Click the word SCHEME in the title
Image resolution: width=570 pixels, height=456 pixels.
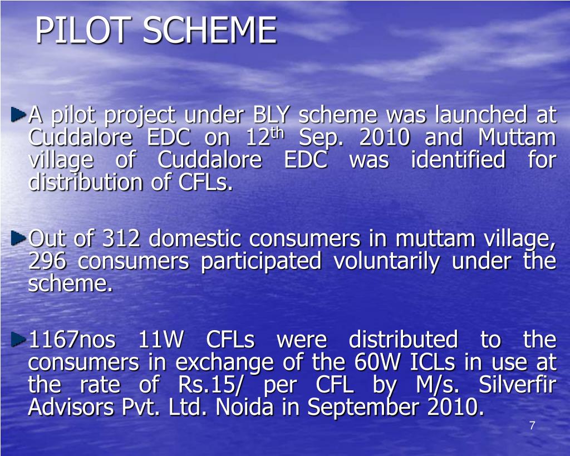coord(209,31)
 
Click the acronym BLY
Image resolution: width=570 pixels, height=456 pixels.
coord(272,115)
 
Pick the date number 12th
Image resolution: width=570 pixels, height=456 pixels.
coord(265,137)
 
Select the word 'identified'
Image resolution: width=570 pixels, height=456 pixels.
coord(458,160)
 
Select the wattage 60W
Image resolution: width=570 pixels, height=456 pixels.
coord(379,362)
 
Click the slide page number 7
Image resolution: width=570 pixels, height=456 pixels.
coord(532,426)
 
